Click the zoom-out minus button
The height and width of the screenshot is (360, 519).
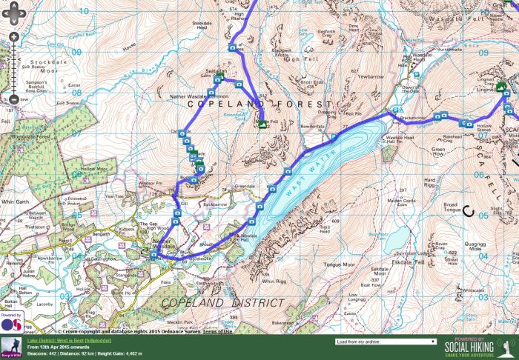point(13,99)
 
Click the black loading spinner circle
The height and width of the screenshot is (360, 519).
point(468,210)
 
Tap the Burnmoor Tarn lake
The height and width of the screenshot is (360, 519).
point(395,237)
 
